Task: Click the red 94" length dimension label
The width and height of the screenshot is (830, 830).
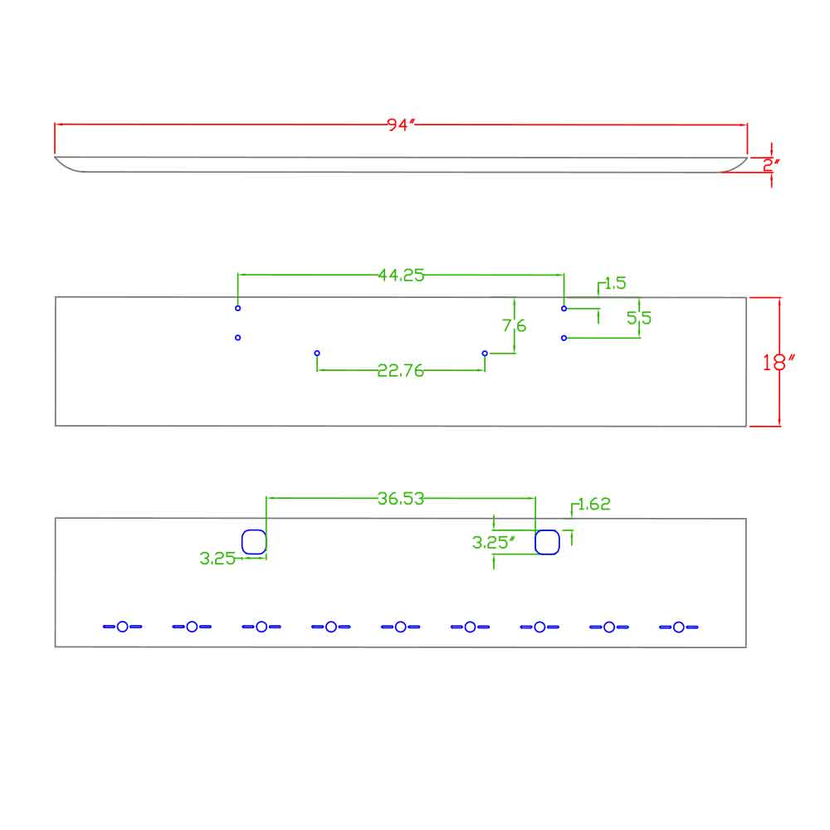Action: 400,124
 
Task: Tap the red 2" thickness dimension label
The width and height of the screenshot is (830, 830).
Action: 771,165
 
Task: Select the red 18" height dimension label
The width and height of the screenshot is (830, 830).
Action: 778,363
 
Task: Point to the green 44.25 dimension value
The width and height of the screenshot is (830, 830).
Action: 401,275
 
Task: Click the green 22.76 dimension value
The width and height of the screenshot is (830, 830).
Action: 401,370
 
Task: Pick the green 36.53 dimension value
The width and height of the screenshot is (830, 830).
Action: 401,499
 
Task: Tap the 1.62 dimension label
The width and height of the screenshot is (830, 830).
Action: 594,504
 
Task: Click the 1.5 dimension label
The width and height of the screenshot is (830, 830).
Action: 615,283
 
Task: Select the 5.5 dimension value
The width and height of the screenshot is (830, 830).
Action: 639,318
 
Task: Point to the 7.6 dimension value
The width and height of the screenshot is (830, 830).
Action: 514,325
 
